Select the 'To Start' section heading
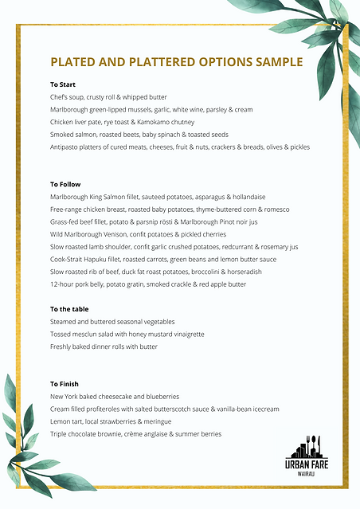click(63, 84)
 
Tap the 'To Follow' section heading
click(65, 185)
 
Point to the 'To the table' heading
click(69, 309)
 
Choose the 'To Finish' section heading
click(65, 384)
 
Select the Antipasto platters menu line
click(179, 147)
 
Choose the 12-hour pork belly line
click(148, 284)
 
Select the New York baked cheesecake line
click(115, 397)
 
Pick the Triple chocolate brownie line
click(135, 434)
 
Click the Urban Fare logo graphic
click(307, 447)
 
